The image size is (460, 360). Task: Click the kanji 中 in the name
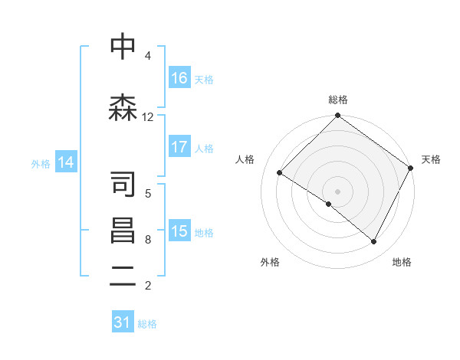pyautogui.click(x=123, y=47)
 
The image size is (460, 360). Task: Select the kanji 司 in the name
pyautogui.click(x=123, y=185)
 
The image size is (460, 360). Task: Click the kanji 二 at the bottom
pyautogui.click(x=123, y=277)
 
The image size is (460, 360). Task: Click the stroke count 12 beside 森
pyautogui.click(x=147, y=117)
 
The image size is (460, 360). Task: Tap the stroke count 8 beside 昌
pyautogui.click(x=147, y=240)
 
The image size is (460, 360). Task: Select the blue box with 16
pyautogui.click(x=179, y=78)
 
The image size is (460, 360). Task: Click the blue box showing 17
pyautogui.click(x=179, y=147)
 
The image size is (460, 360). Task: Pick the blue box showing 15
pyautogui.click(x=179, y=231)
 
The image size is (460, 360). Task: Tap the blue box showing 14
pyautogui.click(x=65, y=162)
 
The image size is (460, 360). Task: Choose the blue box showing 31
pyautogui.click(x=123, y=323)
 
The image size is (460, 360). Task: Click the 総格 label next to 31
pyautogui.click(x=147, y=324)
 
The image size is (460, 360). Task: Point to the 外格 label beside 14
pyautogui.click(x=41, y=163)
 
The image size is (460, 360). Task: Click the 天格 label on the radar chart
pyautogui.click(x=432, y=159)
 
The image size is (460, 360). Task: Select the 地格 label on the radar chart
pyautogui.click(x=402, y=263)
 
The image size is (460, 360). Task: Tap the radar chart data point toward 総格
pyautogui.click(x=337, y=116)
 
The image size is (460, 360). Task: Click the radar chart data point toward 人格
pyautogui.click(x=280, y=173)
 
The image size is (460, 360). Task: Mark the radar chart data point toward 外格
pyautogui.click(x=329, y=204)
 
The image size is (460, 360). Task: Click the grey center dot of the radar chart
pyautogui.click(x=337, y=191)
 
